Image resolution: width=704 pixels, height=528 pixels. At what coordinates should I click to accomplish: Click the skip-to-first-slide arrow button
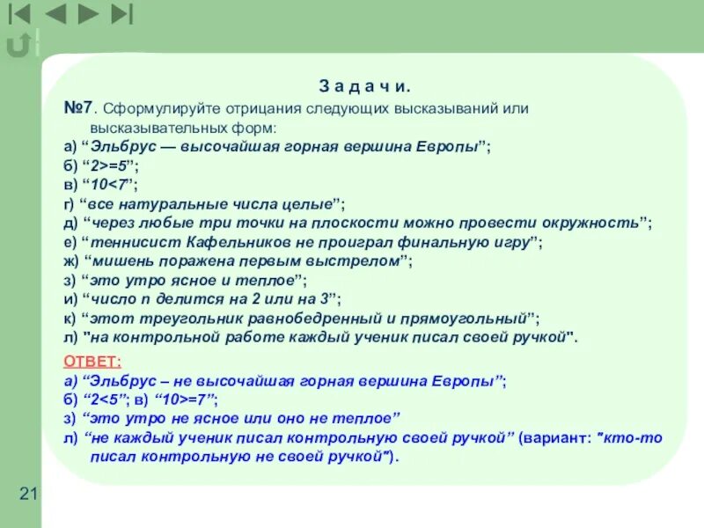point(19,13)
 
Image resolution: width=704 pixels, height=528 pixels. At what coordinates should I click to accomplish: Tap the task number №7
point(78,108)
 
